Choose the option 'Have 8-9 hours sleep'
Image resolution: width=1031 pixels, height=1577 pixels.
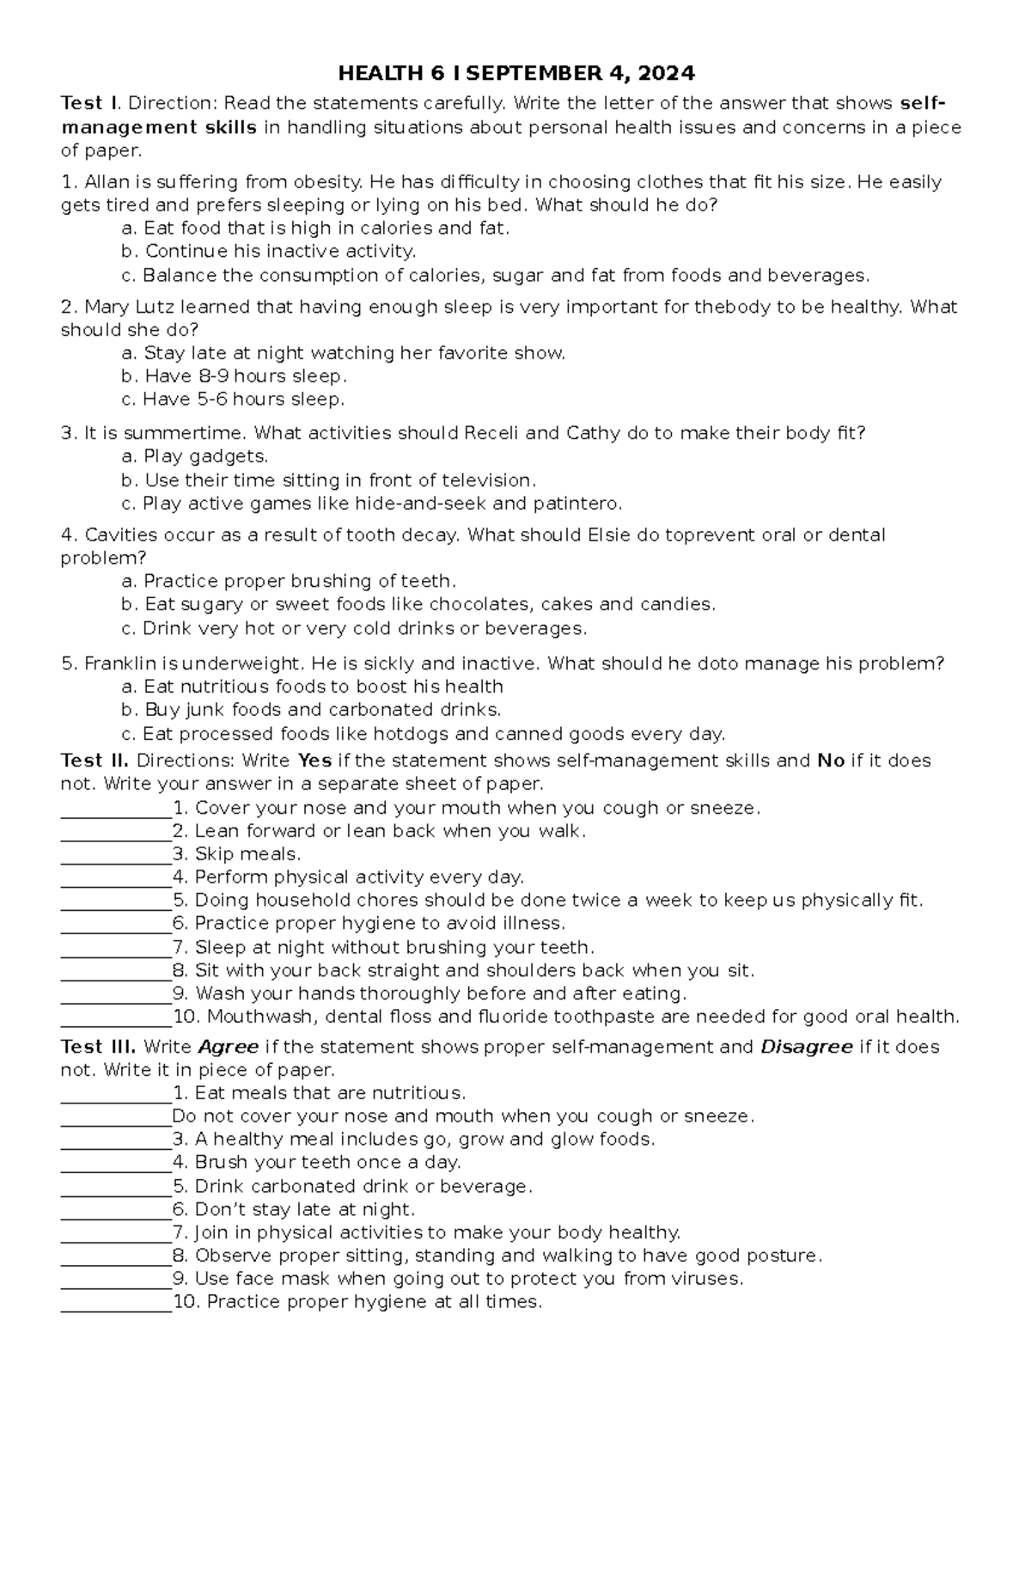tap(246, 376)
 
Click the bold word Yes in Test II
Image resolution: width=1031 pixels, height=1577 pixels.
tap(314, 761)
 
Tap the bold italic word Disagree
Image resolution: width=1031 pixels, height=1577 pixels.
tap(807, 1048)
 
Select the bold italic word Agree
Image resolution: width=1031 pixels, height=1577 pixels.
tap(229, 1048)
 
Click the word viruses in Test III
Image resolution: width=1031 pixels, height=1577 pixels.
tap(707, 1279)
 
